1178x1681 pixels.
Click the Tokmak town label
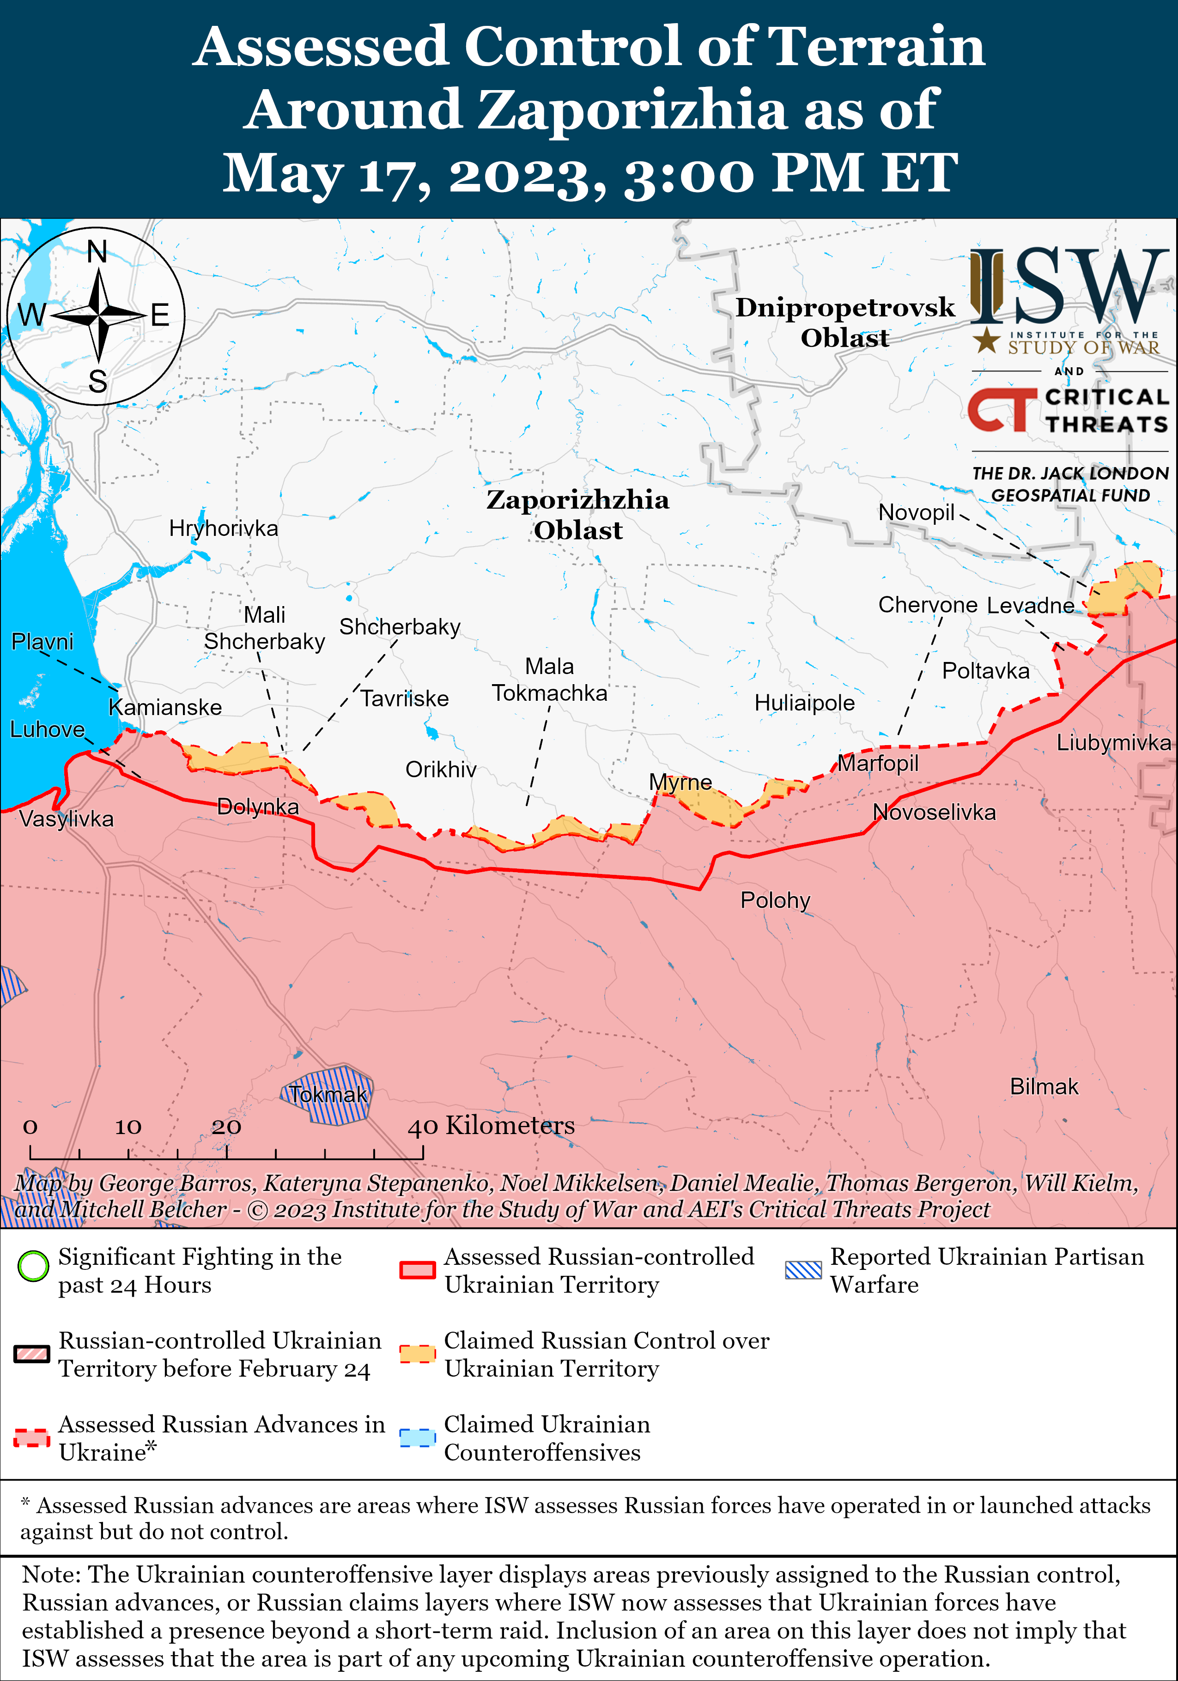[x=327, y=1094]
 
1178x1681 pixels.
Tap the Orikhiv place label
[x=441, y=770]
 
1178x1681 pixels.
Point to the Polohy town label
[x=775, y=900]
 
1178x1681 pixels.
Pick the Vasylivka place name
[x=66, y=819]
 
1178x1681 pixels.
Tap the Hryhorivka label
[x=223, y=528]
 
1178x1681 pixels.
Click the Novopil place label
[x=916, y=512]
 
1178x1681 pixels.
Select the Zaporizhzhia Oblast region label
[x=577, y=515]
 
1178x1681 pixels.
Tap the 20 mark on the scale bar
[x=226, y=1127]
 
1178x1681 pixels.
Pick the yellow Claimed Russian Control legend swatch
[x=417, y=1354]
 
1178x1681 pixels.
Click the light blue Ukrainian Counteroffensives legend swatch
[x=417, y=1437]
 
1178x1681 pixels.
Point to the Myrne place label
[x=680, y=782]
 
